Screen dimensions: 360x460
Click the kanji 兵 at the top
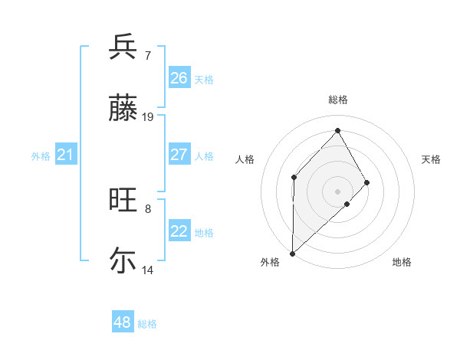click(123, 47)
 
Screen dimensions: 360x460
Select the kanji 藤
click(123, 108)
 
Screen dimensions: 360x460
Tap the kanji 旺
click(123, 201)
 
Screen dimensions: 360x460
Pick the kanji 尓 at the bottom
click(123, 260)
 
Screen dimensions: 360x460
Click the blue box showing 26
click(179, 78)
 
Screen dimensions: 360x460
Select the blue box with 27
click(179, 155)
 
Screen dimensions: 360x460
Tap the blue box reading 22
click(179, 231)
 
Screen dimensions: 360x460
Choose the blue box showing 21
click(66, 155)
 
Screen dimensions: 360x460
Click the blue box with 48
click(123, 322)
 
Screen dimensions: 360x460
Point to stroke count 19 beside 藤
click(148, 117)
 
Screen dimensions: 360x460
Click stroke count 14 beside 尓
click(148, 270)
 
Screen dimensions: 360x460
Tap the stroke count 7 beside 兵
click(147, 56)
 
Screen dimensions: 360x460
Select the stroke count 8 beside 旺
click(147, 208)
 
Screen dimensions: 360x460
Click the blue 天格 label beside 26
click(204, 79)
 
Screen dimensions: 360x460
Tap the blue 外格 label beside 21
click(41, 156)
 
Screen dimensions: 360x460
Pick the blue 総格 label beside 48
click(147, 324)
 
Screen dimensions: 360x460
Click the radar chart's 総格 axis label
click(337, 100)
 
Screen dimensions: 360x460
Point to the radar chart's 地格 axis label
click(402, 262)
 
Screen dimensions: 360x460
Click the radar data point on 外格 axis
click(292, 253)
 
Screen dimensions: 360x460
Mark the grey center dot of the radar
click(337, 191)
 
